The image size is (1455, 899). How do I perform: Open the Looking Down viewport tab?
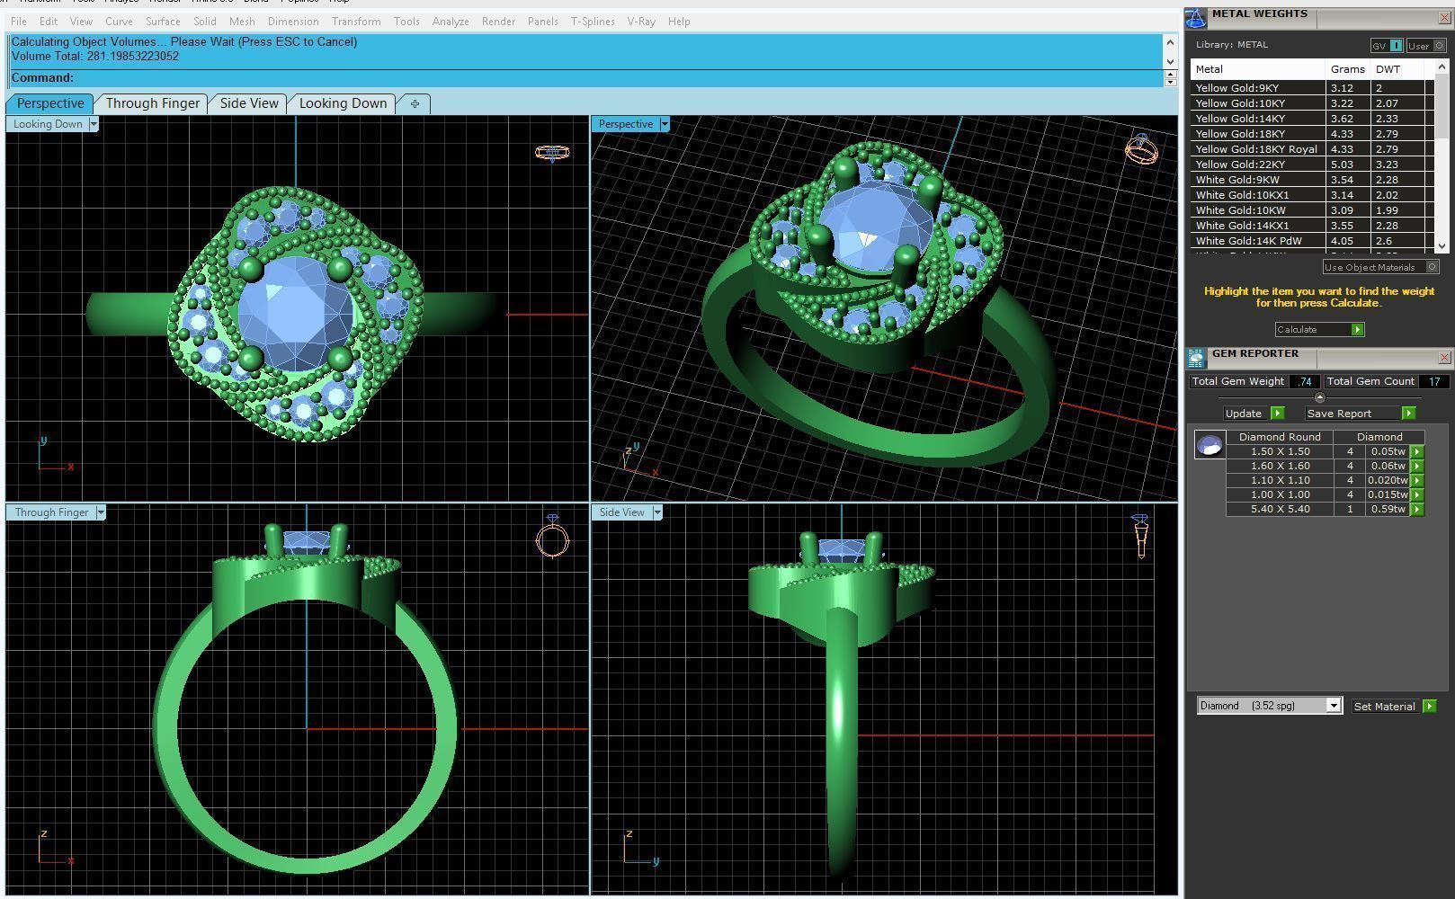coord(343,103)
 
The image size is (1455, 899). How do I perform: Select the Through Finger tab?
coord(153,103)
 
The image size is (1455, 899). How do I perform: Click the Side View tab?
coord(249,103)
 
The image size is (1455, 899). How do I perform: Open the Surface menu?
coord(163,21)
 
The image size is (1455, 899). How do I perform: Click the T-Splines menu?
coord(593,21)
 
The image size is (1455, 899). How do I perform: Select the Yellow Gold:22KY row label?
coord(1240,165)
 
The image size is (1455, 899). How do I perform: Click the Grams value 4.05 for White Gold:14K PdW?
coord(1342,241)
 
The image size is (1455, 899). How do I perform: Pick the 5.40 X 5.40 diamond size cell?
coord(1280,509)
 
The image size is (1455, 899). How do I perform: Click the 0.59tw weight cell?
coord(1388,509)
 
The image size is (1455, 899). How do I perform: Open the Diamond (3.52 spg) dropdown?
coord(1269,706)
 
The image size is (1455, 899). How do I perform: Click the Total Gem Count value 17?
coord(1433,381)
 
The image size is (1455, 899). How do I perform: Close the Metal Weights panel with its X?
coord(1444,17)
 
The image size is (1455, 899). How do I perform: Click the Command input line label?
coord(42,78)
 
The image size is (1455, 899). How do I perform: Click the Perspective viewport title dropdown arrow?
coord(665,124)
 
